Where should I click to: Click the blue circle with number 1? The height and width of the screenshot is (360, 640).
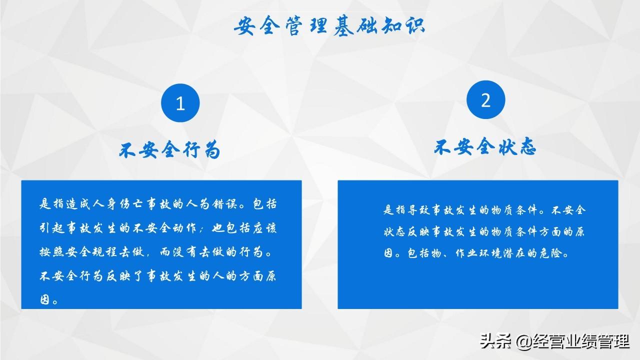tap(180, 103)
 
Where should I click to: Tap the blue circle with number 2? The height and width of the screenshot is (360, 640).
tap(485, 99)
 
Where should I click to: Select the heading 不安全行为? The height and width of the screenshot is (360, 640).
tap(169, 149)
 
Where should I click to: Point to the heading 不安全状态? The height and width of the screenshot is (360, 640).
tap(485, 146)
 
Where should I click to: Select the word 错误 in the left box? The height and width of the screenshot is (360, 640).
tap(224, 204)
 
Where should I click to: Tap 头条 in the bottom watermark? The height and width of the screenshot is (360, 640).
tap(495, 341)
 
